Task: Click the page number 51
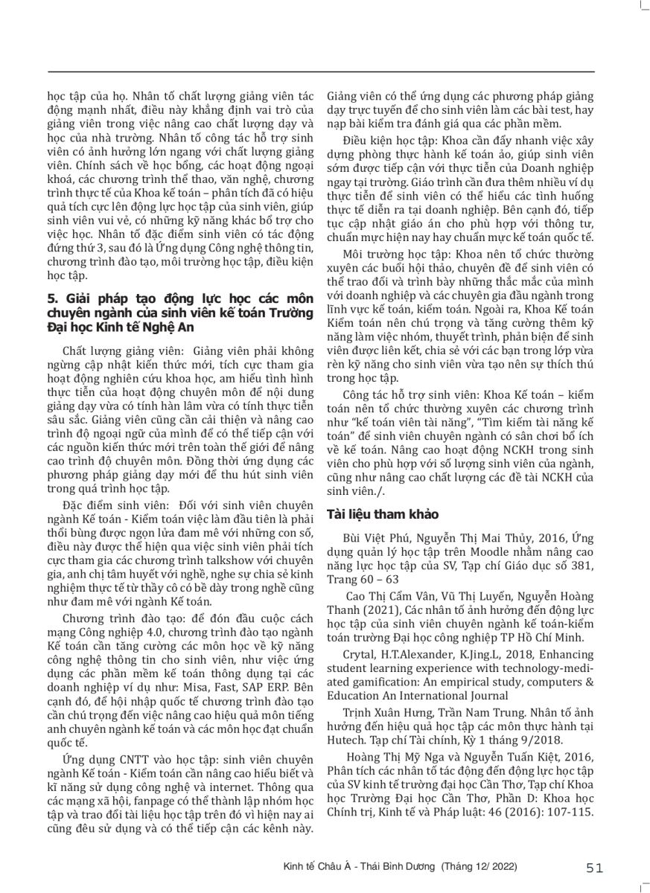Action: tap(594, 867)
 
